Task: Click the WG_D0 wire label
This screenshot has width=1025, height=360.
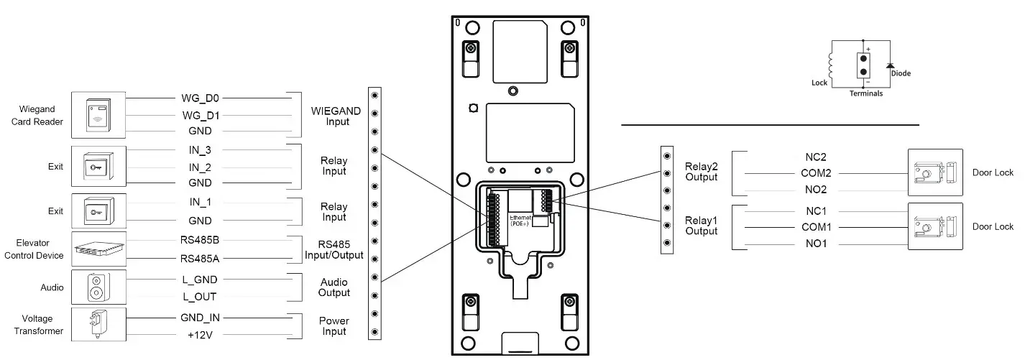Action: [x=200, y=97]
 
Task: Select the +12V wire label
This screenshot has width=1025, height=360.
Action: [x=200, y=334]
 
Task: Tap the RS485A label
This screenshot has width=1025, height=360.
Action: [x=200, y=259]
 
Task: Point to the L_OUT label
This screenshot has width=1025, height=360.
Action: [x=200, y=296]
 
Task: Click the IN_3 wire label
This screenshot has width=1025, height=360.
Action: [x=200, y=149]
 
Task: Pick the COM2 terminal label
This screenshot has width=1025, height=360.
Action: [x=816, y=173]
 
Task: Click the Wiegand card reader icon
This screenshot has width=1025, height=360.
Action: [x=99, y=114]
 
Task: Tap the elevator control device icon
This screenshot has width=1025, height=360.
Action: [x=99, y=249]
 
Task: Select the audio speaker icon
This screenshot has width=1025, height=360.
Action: [x=98, y=287]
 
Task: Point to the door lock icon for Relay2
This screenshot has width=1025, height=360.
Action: [x=934, y=173]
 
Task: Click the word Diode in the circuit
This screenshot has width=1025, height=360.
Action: [x=901, y=73]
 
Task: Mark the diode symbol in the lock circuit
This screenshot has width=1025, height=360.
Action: [x=890, y=66]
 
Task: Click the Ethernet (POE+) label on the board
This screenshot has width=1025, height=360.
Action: [x=520, y=220]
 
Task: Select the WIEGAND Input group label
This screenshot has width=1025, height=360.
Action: [x=336, y=116]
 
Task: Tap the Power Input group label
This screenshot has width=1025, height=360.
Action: [x=334, y=326]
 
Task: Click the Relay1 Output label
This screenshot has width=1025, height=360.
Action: [x=701, y=226]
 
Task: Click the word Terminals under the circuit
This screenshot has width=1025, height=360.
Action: [x=865, y=93]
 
